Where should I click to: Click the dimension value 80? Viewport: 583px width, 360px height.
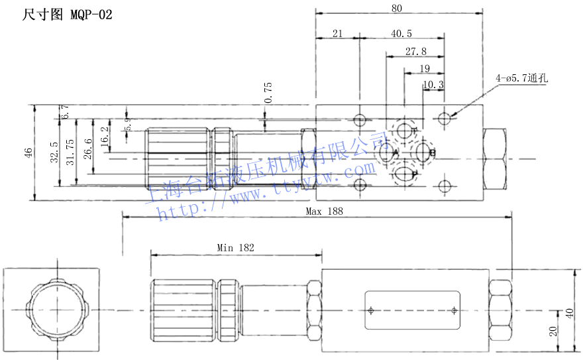click(x=397, y=9)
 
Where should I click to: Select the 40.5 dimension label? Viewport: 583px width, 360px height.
click(x=401, y=33)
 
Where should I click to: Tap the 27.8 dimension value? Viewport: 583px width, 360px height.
click(x=416, y=51)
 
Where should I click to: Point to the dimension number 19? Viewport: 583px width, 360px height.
click(x=424, y=68)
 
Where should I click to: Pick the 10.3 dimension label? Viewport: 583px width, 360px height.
click(x=433, y=84)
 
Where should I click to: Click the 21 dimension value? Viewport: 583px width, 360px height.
click(x=337, y=33)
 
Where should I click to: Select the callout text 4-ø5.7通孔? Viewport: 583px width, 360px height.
click(x=523, y=78)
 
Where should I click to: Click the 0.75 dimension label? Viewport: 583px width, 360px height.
click(x=268, y=92)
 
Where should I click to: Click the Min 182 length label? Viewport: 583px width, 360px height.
click(x=236, y=247)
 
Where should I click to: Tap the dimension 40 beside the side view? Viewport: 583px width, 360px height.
click(x=569, y=312)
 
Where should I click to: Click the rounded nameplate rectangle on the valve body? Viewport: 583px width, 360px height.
click(x=411, y=310)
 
